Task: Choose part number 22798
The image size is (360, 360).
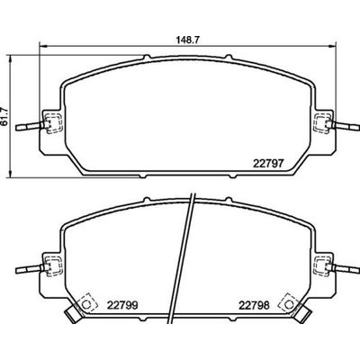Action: [256, 305]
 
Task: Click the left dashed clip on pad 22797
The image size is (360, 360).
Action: [52, 123]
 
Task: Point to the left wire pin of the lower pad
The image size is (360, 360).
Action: [33, 267]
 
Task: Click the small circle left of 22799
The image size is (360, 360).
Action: [86, 303]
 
